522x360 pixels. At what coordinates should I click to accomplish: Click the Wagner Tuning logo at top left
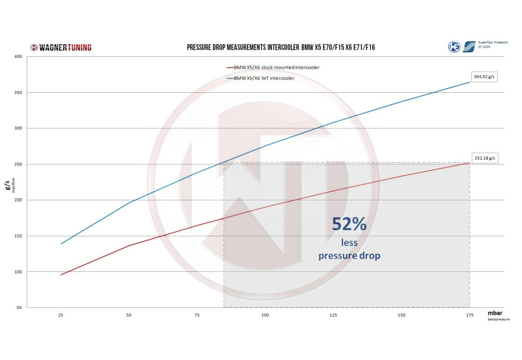(61, 47)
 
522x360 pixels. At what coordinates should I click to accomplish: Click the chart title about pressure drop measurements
(281, 47)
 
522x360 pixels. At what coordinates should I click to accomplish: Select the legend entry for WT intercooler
(264, 79)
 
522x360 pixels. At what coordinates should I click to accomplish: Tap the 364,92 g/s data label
(485, 77)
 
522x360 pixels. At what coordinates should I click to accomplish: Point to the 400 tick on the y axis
(18, 56)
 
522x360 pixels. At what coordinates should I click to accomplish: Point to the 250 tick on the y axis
(18, 164)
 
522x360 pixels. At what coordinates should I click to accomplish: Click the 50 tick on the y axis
(19, 308)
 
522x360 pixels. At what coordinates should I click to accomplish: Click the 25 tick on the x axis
(61, 316)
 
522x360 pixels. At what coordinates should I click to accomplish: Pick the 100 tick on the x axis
(265, 316)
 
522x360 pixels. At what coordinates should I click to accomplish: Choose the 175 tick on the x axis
(469, 316)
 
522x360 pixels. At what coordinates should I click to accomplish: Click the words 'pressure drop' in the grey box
(349, 256)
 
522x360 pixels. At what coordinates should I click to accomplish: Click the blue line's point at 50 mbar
(129, 202)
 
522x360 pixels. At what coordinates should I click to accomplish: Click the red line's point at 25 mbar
(61, 275)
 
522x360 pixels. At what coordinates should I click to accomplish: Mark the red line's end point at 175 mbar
(469, 163)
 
